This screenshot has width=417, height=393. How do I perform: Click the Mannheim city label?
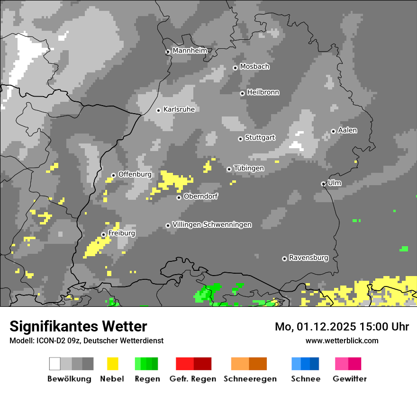(190, 51)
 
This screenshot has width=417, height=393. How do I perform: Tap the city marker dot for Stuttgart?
(240, 139)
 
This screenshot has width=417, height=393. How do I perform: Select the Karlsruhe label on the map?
(179, 109)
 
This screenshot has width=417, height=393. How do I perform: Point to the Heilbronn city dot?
(242, 93)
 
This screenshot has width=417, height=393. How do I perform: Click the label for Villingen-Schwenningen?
(212, 224)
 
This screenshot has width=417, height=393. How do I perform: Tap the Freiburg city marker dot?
(103, 234)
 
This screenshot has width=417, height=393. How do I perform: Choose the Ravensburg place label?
(308, 258)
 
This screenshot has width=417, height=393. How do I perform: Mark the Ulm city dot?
(323, 184)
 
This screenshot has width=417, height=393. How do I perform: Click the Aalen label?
(347, 130)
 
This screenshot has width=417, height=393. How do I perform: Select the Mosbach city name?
(254, 67)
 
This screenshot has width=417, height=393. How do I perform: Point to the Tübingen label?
(249, 169)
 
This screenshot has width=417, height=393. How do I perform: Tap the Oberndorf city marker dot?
(179, 197)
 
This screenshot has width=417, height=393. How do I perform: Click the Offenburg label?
(135, 174)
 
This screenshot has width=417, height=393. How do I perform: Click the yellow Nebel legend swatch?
(112, 364)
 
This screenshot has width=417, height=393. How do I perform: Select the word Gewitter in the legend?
(349, 379)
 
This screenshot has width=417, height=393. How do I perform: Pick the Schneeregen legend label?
(250, 379)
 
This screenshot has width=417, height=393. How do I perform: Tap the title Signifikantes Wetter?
(78, 326)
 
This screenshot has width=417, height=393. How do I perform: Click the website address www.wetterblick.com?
(342, 340)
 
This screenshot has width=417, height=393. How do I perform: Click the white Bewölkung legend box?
(55, 364)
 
